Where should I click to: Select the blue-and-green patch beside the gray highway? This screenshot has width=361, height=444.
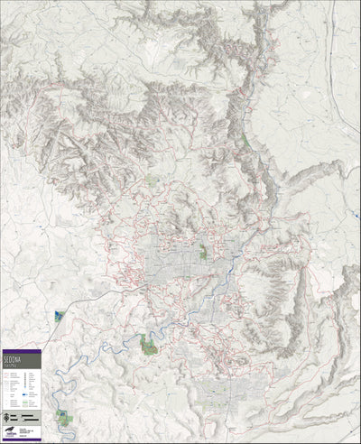click(x=59, y=314)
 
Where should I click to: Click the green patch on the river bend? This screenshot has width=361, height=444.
click(x=144, y=341)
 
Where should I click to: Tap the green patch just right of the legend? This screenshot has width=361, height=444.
click(x=63, y=416)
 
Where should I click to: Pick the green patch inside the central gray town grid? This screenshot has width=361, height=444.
click(x=203, y=251)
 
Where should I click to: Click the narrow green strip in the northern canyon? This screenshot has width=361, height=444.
click(x=244, y=141)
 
